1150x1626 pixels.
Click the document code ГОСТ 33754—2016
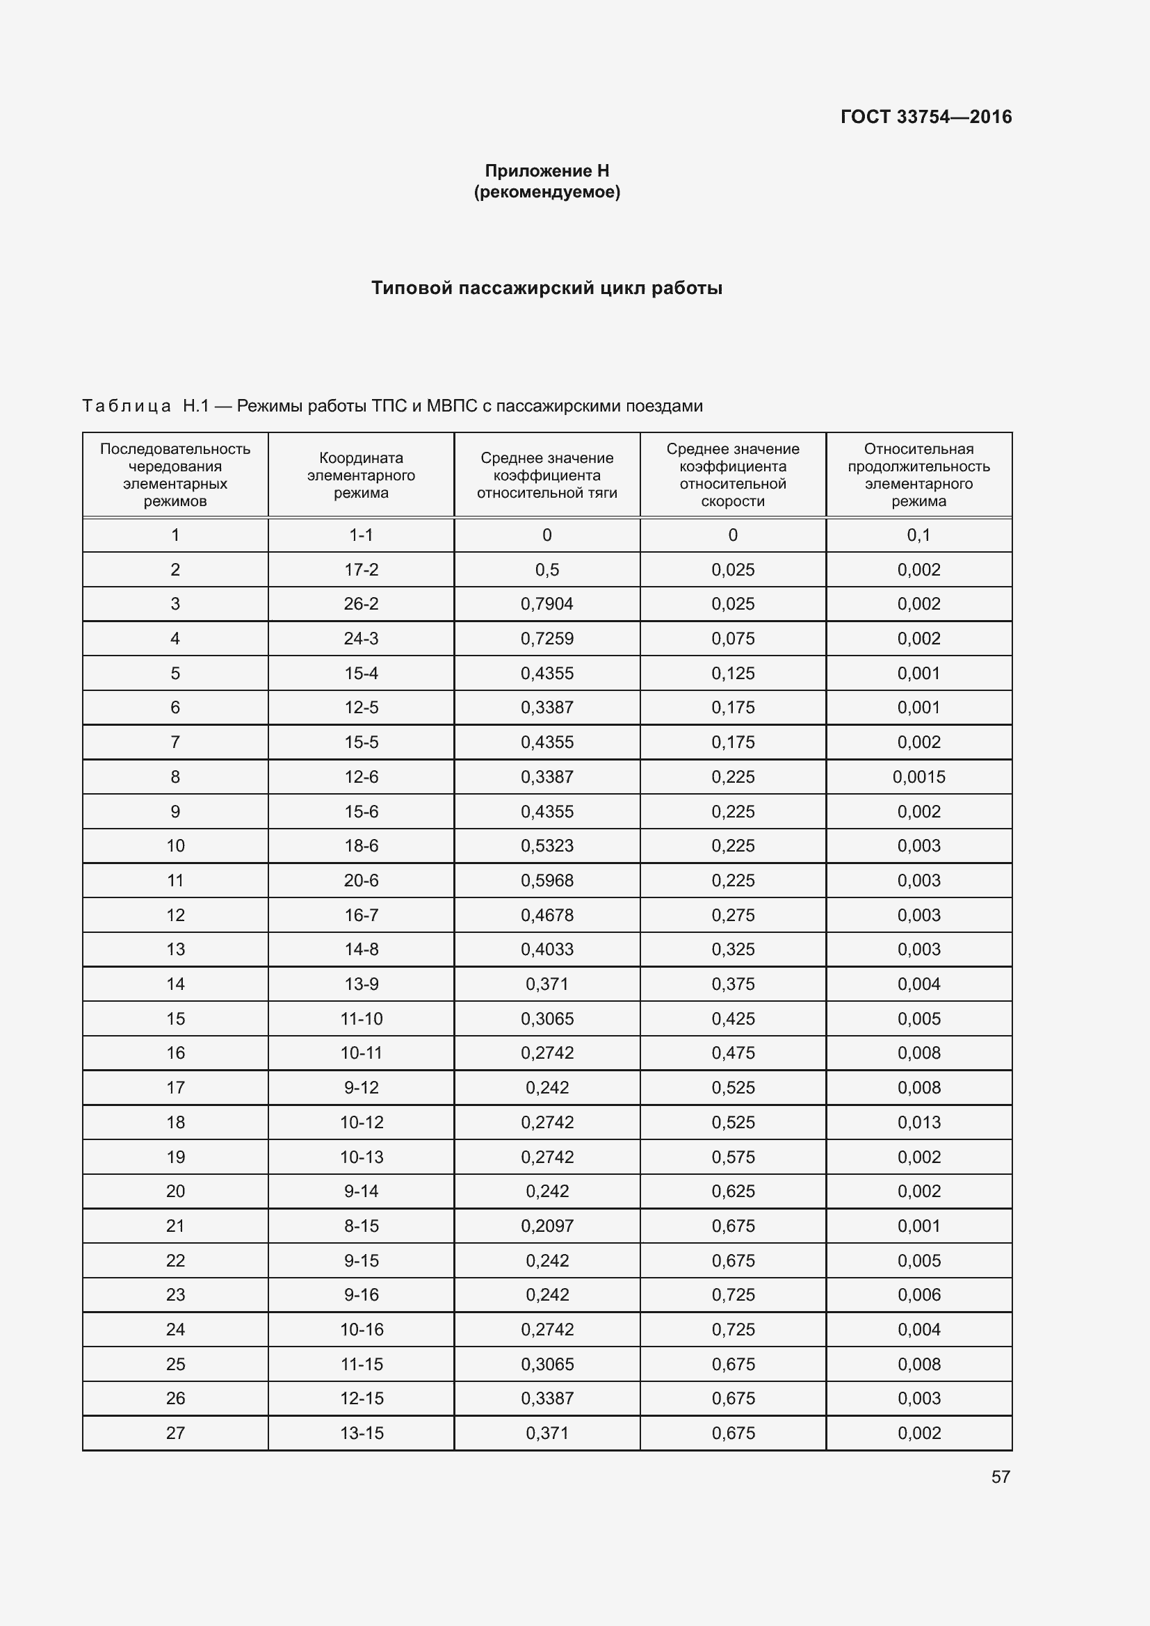(x=925, y=117)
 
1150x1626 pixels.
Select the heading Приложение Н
(x=546, y=171)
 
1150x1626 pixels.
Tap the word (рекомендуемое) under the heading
(x=546, y=192)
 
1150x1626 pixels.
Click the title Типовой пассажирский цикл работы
(x=546, y=288)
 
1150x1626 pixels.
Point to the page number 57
(x=1000, y=1477)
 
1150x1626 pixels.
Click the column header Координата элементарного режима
(x=361, y=475)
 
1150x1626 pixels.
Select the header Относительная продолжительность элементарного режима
(x=918, y=475)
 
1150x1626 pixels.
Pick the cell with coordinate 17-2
(x=361, y=569)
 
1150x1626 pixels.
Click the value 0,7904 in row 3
(x=546, y=604)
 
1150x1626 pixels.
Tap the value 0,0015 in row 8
(x=918, y=777)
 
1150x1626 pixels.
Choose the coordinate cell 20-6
(x=361, y=880)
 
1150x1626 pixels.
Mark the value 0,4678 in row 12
(x=546, y=915)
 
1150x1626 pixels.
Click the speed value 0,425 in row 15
(x=733, y=1018)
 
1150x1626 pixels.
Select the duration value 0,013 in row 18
(x=918, y=1123)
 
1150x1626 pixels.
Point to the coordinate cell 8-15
(x=361, y=1226)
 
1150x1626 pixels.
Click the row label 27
(x=175, y=1433)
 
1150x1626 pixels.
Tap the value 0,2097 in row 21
(x=546, y=1226)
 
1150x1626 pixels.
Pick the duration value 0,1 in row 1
(x=918, y=535)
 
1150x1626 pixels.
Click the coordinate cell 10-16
(x=361, y=1329)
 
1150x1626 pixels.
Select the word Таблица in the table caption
(x=126, y=406)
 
